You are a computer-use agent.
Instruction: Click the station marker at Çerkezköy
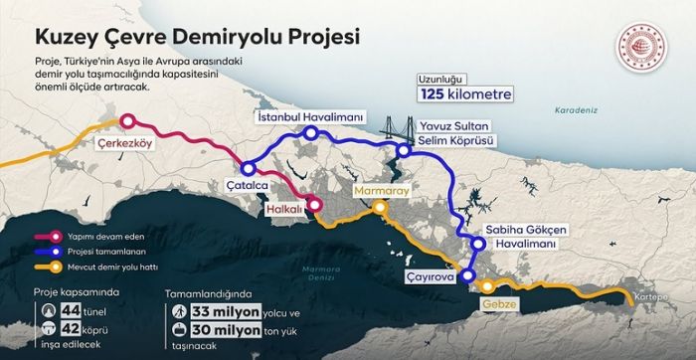(x=126, y=122)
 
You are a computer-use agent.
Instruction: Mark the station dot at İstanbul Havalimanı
(x=311, y=132)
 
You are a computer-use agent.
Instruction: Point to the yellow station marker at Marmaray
(x=379, y=207)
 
